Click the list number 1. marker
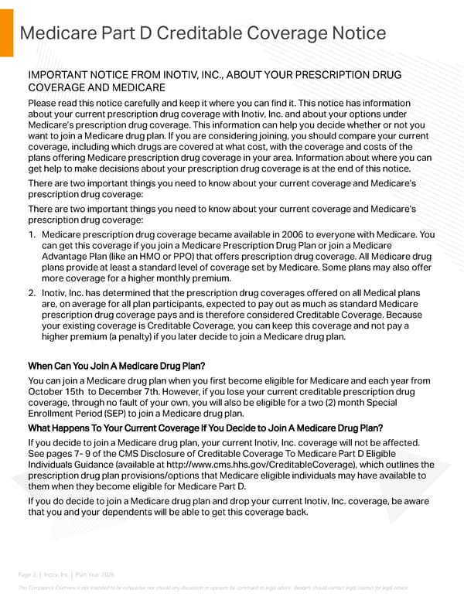[32, 234]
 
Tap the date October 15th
[59, 391]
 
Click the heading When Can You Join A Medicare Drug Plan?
[116, 365]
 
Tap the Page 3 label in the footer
[29, 574]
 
